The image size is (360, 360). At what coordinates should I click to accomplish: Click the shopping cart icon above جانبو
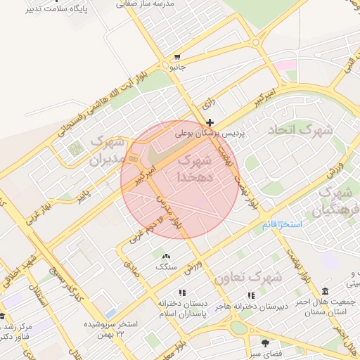[x=178, y=57]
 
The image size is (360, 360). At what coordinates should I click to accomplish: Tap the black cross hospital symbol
[x=210, y=122]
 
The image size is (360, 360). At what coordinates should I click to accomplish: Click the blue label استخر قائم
[x=300, y=224]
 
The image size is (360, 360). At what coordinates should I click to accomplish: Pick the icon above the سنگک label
[x=166, y=257]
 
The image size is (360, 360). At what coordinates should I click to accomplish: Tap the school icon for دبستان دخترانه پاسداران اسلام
[x=183, y=292]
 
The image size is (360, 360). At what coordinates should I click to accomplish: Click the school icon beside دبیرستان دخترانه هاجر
[x=250, y=295]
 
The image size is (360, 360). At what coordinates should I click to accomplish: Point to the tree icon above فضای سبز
[x=265, y=342]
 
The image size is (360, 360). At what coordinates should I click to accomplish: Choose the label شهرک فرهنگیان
[x=336, y=200]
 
